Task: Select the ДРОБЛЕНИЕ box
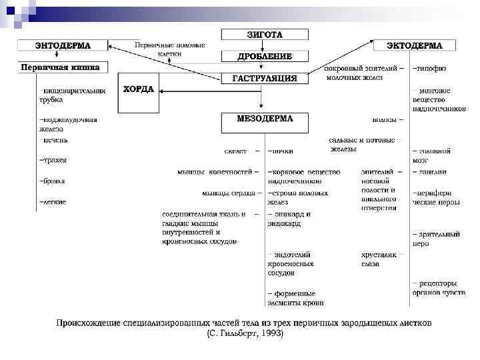265,56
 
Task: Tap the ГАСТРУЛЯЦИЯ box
264,78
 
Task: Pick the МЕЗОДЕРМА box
265,120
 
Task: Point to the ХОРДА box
139,90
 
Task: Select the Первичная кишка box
61,67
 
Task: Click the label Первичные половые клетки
170,49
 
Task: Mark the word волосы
386,120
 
